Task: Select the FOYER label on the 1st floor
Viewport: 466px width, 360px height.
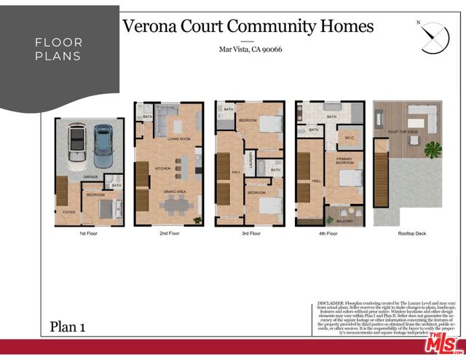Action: click(69, 212)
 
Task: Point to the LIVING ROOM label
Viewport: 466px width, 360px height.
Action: click(178, 138)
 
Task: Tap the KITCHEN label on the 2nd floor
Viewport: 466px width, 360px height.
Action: click(163, 168)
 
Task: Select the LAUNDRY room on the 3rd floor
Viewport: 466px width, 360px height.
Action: click(250, 164)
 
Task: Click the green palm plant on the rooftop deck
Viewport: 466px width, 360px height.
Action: click(434, 149)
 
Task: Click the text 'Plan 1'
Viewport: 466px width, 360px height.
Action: click(68, 327)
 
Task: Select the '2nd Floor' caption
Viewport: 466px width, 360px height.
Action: click(169, 233)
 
